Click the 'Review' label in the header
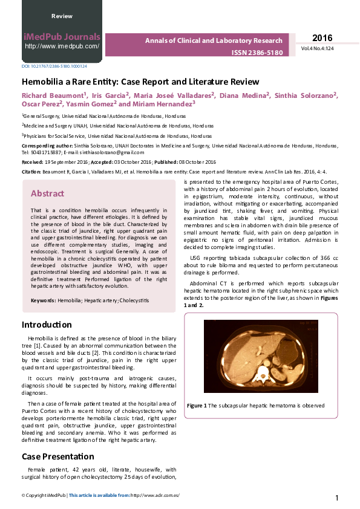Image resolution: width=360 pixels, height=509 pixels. click(62, 16)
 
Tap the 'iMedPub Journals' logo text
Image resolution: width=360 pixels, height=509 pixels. click(62, 36)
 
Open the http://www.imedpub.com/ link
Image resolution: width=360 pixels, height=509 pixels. click(62, 46)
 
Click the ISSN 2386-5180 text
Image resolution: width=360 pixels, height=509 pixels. click(257, 53)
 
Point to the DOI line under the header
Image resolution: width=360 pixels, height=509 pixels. click(54, 66)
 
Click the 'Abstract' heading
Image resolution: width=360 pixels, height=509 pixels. click(47, 193)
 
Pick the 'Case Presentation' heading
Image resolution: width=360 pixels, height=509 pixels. click(58, 456)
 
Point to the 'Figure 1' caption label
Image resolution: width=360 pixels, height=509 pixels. click(197, 406)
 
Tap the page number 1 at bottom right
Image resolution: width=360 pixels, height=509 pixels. click(336, 498)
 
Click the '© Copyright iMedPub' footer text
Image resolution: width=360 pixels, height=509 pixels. click(44, 495)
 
